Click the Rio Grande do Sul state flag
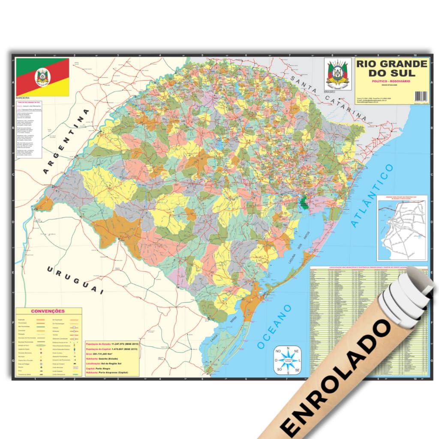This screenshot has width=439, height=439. point(42,77)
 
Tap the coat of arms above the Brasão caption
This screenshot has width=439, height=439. point(337,73)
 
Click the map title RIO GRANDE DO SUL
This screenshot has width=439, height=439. point(391,68)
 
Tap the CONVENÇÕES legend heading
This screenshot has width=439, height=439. point(48,311)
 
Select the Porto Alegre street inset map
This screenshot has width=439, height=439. point(402,228)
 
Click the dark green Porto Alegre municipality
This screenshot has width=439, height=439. point(304,202)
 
